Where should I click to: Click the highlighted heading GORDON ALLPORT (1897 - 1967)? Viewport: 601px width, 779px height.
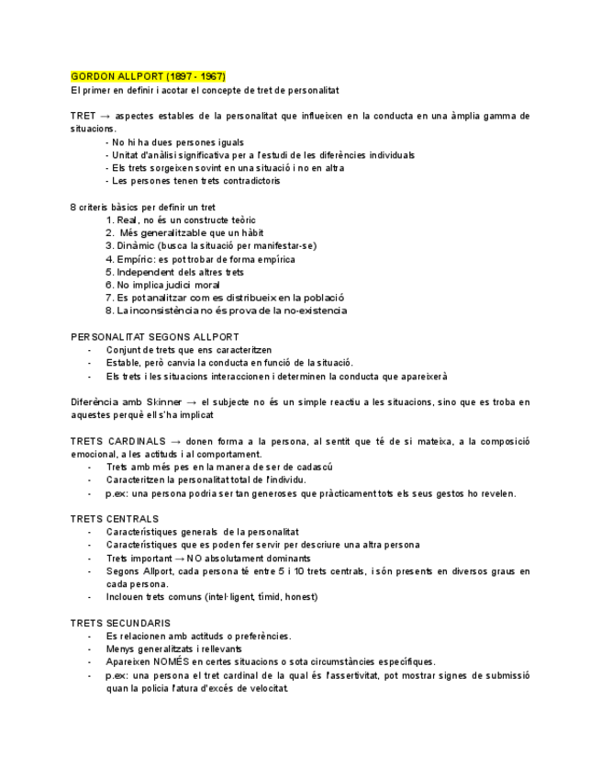point(148,76)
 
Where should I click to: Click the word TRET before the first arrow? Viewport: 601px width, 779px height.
point(83,116)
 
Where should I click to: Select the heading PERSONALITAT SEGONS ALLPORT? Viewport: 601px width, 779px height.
point(155,337)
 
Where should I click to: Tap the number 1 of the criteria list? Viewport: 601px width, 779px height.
point(109,220)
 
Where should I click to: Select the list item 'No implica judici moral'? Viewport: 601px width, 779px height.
point(162,285)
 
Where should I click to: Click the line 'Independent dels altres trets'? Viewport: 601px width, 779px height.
point(174,272)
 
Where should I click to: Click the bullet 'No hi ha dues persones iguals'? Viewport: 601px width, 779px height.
point(174,142)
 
